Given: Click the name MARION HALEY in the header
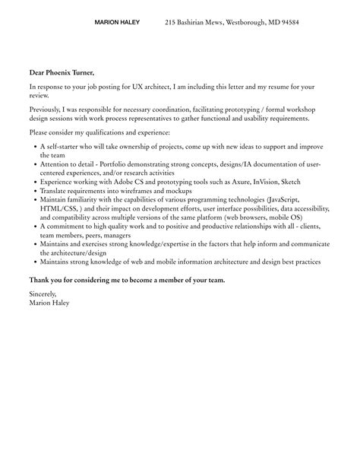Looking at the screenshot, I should tap(117, 23).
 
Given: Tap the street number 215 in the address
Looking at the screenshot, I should tap(171, 23).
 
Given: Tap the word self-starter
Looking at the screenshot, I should tap(60, 145).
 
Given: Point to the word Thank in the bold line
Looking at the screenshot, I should tap(40, 279).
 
